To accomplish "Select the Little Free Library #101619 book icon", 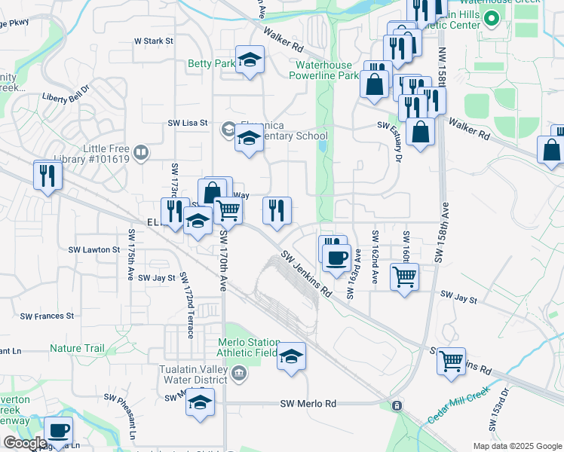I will [141, 154].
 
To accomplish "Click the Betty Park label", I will [211, 64].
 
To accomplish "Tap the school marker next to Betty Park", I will [250, 60].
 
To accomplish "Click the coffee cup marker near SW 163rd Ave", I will [336, 258].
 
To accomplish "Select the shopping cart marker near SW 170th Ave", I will [228, 211].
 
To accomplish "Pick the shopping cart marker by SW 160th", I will [405, 276].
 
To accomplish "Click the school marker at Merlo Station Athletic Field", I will [291, 356].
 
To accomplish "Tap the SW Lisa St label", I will [187, 123].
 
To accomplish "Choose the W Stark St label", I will [153, 41].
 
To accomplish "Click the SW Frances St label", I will [48, 316].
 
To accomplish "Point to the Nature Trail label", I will [77, 349].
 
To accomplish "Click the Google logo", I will [25, 443].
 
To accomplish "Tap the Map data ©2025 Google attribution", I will [517, 446].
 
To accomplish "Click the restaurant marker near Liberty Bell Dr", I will [48, 177].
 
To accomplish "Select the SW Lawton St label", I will [94, 249].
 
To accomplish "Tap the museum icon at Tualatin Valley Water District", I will [239, 372].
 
